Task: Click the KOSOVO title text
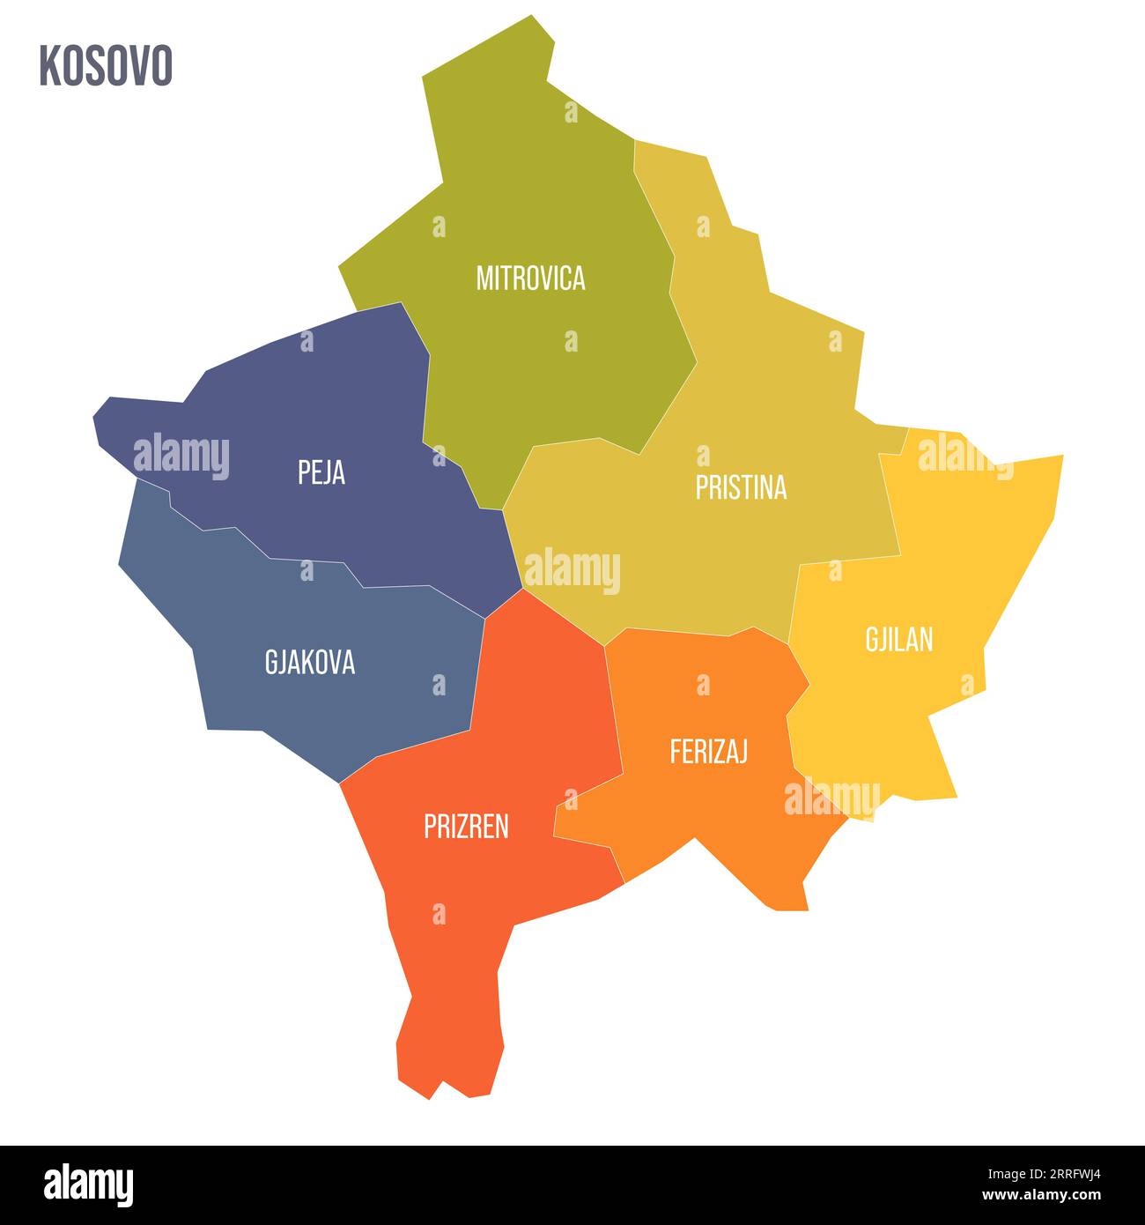(106, 66)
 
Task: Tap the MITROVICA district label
(530, 278)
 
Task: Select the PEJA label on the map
(321, 473)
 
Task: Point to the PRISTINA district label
(741, 487)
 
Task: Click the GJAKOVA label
(310, 662)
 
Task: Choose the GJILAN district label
(898, 640)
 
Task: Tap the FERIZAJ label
(709, 752)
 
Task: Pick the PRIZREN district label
(466, 827)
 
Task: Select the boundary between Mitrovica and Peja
(427, 397)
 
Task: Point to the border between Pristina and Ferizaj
(696, 633)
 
